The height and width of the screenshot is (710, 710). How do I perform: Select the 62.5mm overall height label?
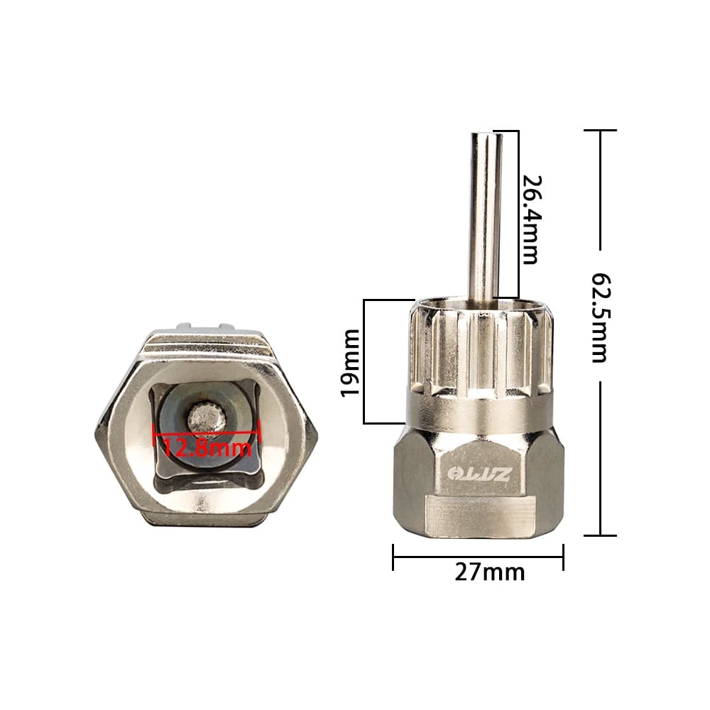[x=601, y=317]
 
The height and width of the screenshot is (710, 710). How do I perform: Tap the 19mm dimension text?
[x=350, y=363]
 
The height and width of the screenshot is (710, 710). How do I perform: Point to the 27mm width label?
[x=490, y=572]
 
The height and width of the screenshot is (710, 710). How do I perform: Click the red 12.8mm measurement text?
[x=207, y=448]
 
